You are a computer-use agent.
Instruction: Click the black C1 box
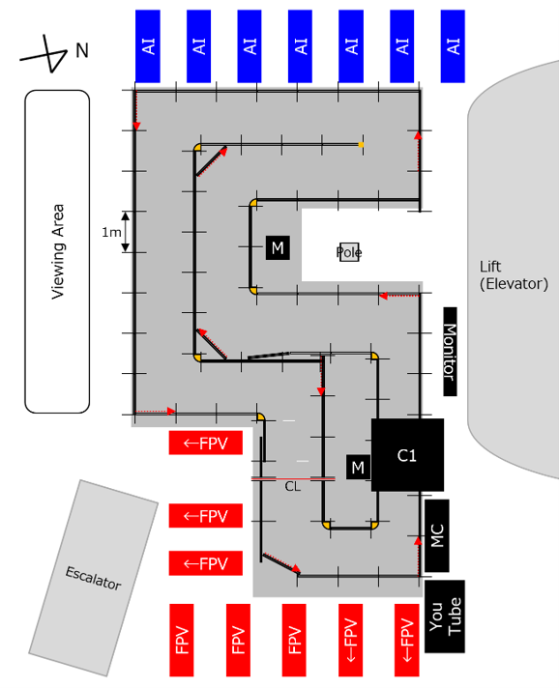click(407, 454)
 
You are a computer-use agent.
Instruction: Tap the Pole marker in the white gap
click(349, 252)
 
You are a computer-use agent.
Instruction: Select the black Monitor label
click(450, 352)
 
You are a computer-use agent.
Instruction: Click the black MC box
click(437, 535)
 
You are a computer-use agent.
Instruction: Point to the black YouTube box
click(444, 616)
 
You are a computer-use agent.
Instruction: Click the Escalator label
click(93, 578)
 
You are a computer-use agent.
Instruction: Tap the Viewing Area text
click(57, 252)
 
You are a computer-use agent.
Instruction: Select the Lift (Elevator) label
click(514, 275)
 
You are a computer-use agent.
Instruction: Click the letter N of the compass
click(82, 50)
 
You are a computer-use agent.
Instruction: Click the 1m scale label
click(111, 232)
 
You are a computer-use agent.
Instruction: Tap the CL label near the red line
click(293, 486)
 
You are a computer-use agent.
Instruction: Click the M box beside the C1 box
click(359, 468)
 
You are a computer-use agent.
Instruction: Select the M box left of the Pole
click(278, 248)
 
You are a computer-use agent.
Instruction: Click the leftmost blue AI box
click(148, 46)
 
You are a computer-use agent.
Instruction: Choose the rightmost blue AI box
click(454, 46)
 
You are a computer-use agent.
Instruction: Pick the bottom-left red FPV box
click(182, 641)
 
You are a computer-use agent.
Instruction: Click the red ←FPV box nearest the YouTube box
click(406, 641)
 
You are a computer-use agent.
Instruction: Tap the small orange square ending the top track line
click(361, 144)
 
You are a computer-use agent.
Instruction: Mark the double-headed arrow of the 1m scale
click(126, 232)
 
